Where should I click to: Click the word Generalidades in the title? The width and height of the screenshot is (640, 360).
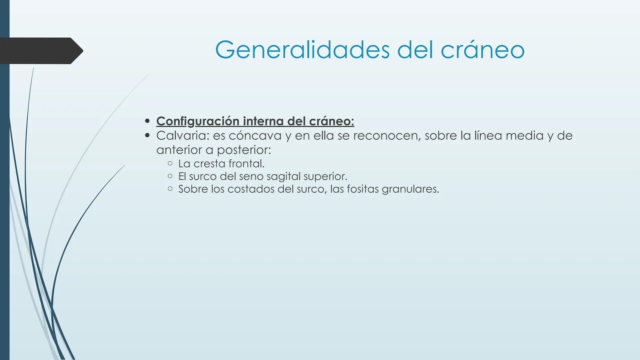point(302,50)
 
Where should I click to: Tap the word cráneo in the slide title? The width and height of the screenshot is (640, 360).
point(483,50)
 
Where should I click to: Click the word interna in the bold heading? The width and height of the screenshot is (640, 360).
point(263,121)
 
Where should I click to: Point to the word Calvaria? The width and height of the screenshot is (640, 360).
point(182,136)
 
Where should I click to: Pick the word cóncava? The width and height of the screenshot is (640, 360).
point(255,136)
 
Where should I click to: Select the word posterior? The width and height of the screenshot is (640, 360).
point(244,150)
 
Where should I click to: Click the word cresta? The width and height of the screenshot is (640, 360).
point(209,164)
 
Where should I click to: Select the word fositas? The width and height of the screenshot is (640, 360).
point(363,189)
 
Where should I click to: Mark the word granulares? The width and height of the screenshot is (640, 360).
point(410,189)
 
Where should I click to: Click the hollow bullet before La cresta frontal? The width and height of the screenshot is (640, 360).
point(170,163)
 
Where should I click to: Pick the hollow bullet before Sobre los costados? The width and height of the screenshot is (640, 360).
point(170,189)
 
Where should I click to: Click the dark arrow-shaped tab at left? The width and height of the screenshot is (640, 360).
point(40,51)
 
